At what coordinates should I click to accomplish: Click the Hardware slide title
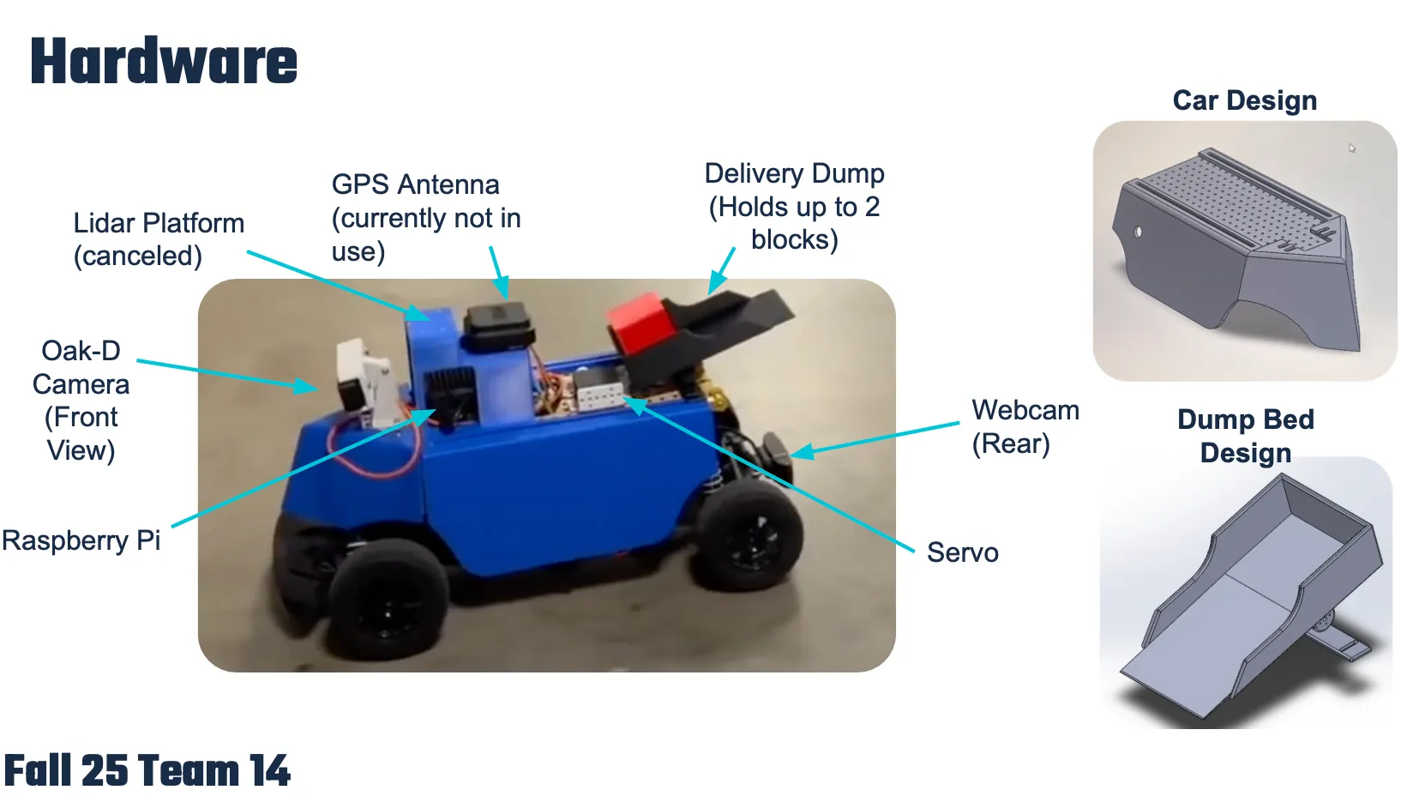pyautogui.click(x=164, y=62)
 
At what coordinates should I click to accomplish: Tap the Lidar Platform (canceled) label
pyautogui.click(x=158, y=239)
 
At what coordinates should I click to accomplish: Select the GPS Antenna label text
pyautogui.click(x=425, y=218)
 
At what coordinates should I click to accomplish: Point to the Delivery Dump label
pyautogui.click(x=794, y=206)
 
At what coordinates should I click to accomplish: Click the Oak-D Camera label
pyautogui.click(x=81, y=400)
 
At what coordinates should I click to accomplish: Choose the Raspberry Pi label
pyautogui.click(x=81, y=540)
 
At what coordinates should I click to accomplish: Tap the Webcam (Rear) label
pyautogui.click(x=1025, y=426)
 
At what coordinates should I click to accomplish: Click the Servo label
pyautogui.click(x=962, y=552)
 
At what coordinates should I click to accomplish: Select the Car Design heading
pyautogui.click(x=1244, y=100)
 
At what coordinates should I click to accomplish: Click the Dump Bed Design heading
pyautogui.click(x=1245, y=436)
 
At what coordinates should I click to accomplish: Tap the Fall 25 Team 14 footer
pyautogui.click(x=147, y=770)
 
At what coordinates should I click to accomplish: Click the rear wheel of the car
pyautogui.click(x=751, y=537)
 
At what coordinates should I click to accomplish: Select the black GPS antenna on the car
pyautogui.click(x=496, y=327)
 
